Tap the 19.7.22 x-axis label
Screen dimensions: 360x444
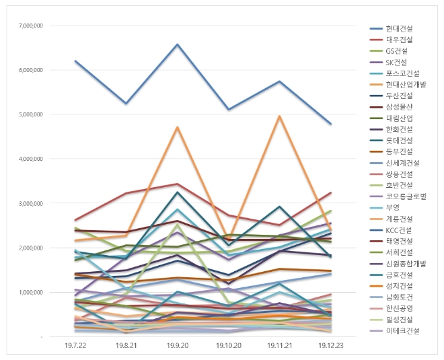(x=75, y=345)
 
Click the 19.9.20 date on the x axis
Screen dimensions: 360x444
(x=177, y=345)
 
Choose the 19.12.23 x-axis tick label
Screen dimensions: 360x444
(x=330, y=345)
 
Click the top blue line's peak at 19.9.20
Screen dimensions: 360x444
(x=177, y=44)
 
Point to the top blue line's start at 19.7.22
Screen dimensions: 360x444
(x=75, y=61)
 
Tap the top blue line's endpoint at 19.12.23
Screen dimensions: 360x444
(x=330, y=124)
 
